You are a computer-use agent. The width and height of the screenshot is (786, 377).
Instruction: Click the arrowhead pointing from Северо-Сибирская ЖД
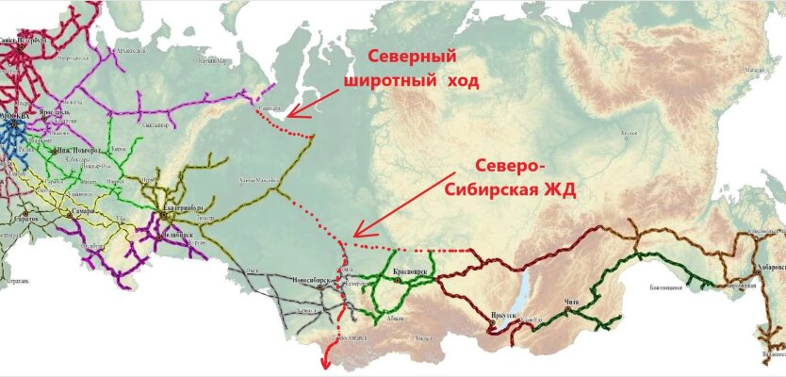tap(355, 234)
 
